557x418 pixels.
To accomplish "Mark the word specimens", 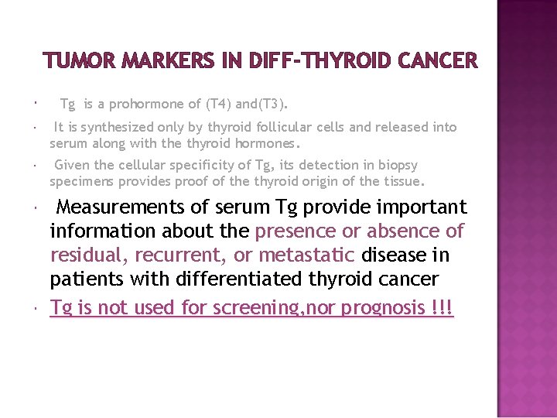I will (83, 182).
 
